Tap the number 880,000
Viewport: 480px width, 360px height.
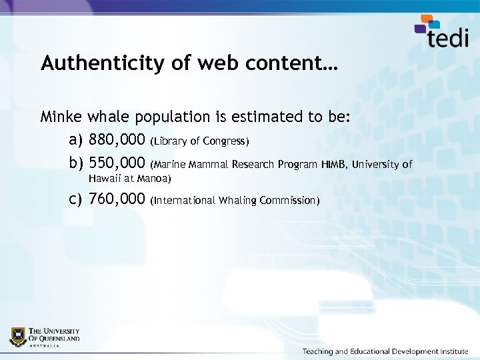(x=117, y=141)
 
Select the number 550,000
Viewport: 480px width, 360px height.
(x=117, y=163)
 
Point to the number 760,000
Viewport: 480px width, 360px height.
(x=117, y=199)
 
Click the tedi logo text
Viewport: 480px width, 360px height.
(x=448, y=36)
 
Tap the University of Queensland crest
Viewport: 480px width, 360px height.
(x=18, y=337)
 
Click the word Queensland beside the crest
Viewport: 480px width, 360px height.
(x=61, y=338)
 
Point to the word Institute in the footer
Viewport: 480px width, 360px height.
(x=450, y=351)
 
